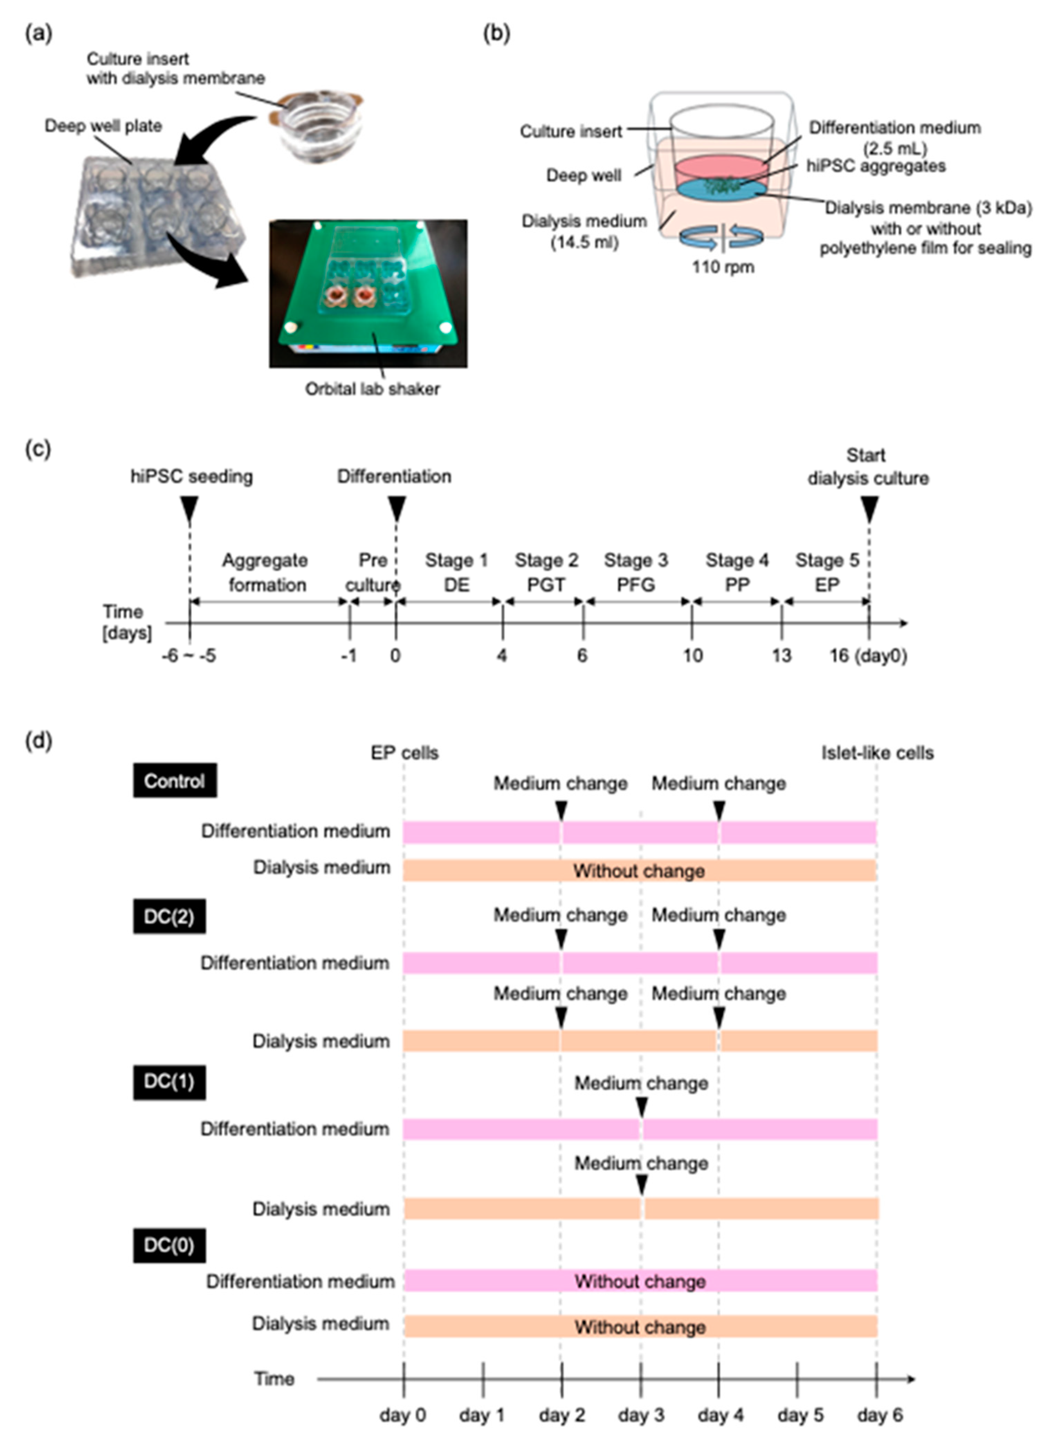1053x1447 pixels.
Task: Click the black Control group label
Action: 174,780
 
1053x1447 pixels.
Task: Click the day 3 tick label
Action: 641,1414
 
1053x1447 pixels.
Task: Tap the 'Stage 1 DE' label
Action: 456,572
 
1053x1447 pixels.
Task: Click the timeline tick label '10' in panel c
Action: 693,655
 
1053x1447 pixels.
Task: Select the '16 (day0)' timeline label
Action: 868,655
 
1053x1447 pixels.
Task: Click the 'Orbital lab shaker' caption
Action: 372,388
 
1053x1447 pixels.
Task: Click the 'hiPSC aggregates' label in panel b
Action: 876,166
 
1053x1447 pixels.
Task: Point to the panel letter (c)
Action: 38,449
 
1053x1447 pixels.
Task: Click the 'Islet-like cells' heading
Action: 877,753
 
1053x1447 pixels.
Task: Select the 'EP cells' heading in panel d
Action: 405,753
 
